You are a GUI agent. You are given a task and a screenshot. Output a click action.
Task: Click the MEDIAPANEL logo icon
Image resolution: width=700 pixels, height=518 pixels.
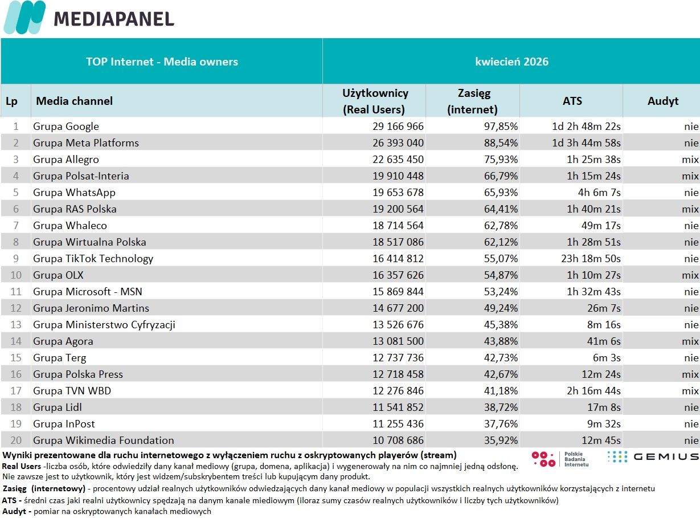pyautogui.click(x=24, y=17)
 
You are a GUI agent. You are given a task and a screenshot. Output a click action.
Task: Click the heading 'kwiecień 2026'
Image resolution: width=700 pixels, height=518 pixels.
pyautogui.click(x=511, y=62)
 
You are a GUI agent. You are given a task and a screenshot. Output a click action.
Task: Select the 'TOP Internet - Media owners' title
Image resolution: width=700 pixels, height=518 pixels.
pyautogui.click(x=162, y=62)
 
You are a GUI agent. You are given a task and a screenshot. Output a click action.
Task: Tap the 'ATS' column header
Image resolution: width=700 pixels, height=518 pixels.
pyautogui.click(x=572, y=101)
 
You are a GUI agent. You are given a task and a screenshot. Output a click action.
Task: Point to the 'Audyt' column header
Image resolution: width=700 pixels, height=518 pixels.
pyautogui.click(x=663, y=101)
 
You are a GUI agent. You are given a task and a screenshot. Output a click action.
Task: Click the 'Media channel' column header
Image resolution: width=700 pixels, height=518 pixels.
pyautogui.click(x=74, y=101)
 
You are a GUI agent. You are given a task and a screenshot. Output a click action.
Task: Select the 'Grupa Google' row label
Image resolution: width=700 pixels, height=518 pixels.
pyautogui.click(x=66, y=127)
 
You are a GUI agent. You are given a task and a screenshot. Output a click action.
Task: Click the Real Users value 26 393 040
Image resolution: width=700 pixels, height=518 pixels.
pyautogui.click(x=398, y=143)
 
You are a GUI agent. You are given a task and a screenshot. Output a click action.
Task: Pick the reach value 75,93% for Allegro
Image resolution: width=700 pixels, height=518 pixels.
pyautogui.click(x=501, y=159)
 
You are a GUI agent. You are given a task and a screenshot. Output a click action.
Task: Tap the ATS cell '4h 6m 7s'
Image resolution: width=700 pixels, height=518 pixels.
pyautogui.click(x=599, y=193)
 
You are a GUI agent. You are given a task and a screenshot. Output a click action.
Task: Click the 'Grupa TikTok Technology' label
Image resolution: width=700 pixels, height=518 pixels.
pyautogui.click(x=93, y=259)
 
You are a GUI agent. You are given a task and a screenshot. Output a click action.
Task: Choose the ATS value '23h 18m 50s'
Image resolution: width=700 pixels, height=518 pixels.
pyautogui.click(x=591, y=258)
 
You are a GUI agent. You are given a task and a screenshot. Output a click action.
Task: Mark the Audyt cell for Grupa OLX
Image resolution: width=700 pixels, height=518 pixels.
pyautogui.click(x=690, y=275)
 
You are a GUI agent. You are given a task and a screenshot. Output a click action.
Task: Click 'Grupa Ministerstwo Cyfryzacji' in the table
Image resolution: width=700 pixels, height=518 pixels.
pyautogui.click(x=104, y=325)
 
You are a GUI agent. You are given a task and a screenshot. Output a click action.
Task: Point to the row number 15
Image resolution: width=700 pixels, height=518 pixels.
pyautogui.click(x=16, y=357)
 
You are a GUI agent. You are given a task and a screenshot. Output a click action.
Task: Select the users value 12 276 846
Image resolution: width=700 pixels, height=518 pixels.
pyautogui.click(x=398, y=391)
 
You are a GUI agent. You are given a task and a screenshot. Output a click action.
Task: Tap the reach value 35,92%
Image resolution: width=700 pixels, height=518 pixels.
pyautogui.click(x=501, y=440)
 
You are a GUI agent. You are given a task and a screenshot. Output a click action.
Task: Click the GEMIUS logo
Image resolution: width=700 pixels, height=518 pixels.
pyautogui.click(x=653, y=456)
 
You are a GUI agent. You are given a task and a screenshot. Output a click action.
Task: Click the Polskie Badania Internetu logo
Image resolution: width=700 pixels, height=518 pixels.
pyautogui.click(x=560, y=459)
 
